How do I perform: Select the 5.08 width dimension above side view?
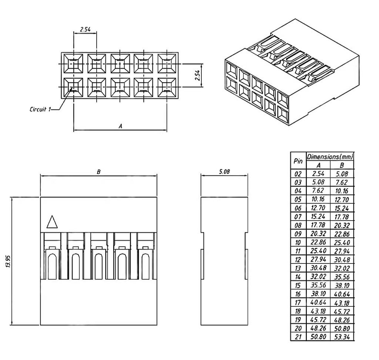224,172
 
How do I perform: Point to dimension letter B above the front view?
98,172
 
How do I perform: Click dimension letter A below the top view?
120,126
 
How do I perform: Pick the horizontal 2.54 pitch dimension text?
85,30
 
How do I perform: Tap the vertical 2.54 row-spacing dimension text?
198,75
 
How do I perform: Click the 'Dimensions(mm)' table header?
330,157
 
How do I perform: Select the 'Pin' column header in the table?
298,161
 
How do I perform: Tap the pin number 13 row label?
298,268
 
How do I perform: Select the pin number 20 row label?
298,328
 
